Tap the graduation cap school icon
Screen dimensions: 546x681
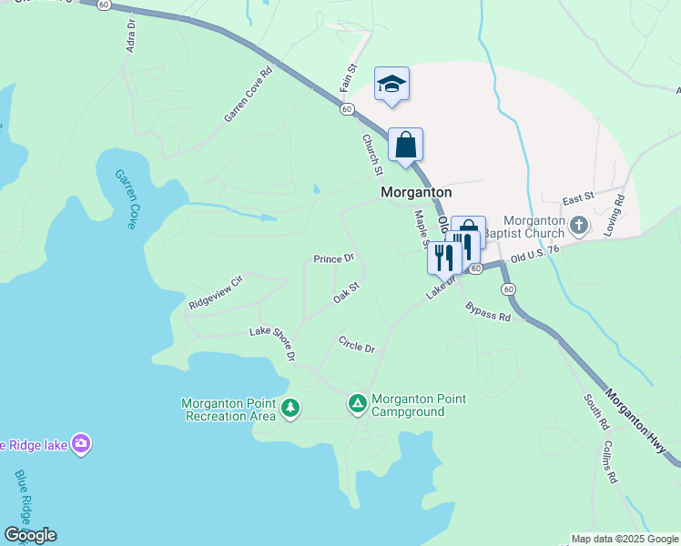pos(392,85)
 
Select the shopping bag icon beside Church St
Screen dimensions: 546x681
pos(405,145)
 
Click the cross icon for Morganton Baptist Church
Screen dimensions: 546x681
pos(578,224)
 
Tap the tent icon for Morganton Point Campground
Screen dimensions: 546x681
pos(358,402)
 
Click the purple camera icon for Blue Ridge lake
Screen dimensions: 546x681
pos(82,444)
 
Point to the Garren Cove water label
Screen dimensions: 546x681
pos(126,199)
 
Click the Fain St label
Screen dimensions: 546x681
pos(348,76)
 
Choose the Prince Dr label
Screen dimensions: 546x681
pos(333,259)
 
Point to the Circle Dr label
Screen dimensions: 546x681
pos(356,346)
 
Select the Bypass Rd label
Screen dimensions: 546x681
pos(488,312)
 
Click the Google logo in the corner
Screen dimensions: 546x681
pos(30,535)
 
